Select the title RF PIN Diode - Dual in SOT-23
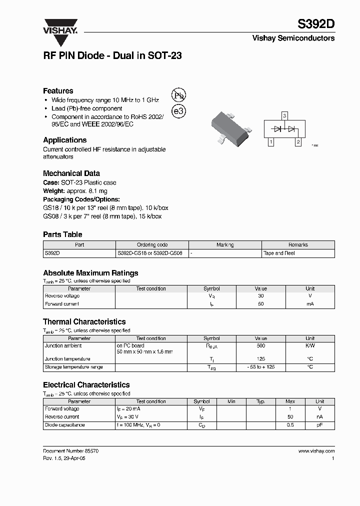tap(112, 56)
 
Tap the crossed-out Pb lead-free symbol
tap(178, 96)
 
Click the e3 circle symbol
tap(178, 111)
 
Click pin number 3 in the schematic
tap(284, 116)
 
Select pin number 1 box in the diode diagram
tap(270, 142)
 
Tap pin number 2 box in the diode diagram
tap(298, 142)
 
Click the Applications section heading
tap(65, 140)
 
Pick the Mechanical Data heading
tap(71, 173)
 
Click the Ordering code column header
tap(152, 245)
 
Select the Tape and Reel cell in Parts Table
tap(279, 253)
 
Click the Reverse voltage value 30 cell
tap(261, 296)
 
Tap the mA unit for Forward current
tap(310, 304)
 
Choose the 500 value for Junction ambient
tap(261, 345)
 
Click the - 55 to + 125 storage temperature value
tap(261, 367)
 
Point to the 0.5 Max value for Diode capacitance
tap(290, 425)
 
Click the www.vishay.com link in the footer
tap(316, 450)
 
